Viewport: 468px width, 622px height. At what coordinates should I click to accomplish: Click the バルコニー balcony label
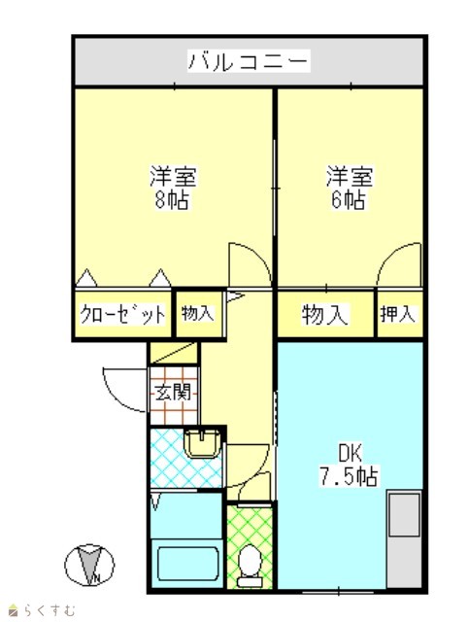coord(249,60)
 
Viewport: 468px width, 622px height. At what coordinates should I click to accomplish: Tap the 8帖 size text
coord(172,199)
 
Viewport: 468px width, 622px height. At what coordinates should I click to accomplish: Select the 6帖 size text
coord(349,199)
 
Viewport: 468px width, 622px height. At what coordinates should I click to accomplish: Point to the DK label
coord(350,454)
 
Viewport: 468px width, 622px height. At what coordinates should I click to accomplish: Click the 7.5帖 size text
coord(349,475)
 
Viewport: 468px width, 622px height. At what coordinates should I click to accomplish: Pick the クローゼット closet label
coord(122,315)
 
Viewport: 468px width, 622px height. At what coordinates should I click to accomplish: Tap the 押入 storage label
coord(398,314)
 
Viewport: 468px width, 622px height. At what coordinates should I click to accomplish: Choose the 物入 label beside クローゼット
coord(198,313)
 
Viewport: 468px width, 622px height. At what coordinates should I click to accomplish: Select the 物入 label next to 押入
coord(325,315)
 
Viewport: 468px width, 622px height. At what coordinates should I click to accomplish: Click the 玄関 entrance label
coord(173,392)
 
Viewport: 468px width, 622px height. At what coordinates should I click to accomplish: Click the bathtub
coord(188,564)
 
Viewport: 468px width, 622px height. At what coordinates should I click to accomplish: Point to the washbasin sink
coord(203,443)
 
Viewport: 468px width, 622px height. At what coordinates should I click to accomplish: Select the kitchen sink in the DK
coord(404,515)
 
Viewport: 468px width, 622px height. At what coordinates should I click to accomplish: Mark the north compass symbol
coord(89,565)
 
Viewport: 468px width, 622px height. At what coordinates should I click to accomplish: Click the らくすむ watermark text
coord(43,610)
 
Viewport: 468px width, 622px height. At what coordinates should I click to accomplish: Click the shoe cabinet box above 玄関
coord(173,353)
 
